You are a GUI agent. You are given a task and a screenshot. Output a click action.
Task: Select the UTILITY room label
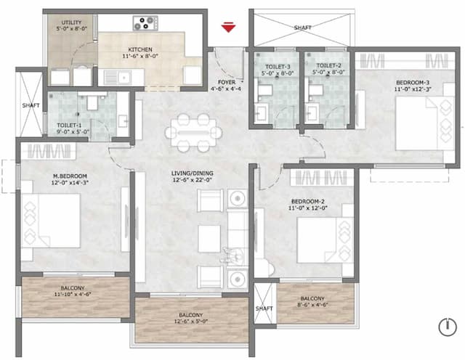(x=71, y=23)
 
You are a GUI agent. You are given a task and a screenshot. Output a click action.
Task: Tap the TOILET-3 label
(x=272, y=66)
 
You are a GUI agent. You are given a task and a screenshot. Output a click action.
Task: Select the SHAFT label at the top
(x=302, y=28)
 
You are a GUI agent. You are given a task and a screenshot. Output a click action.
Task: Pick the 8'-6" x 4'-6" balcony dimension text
(x=312, y=305)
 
